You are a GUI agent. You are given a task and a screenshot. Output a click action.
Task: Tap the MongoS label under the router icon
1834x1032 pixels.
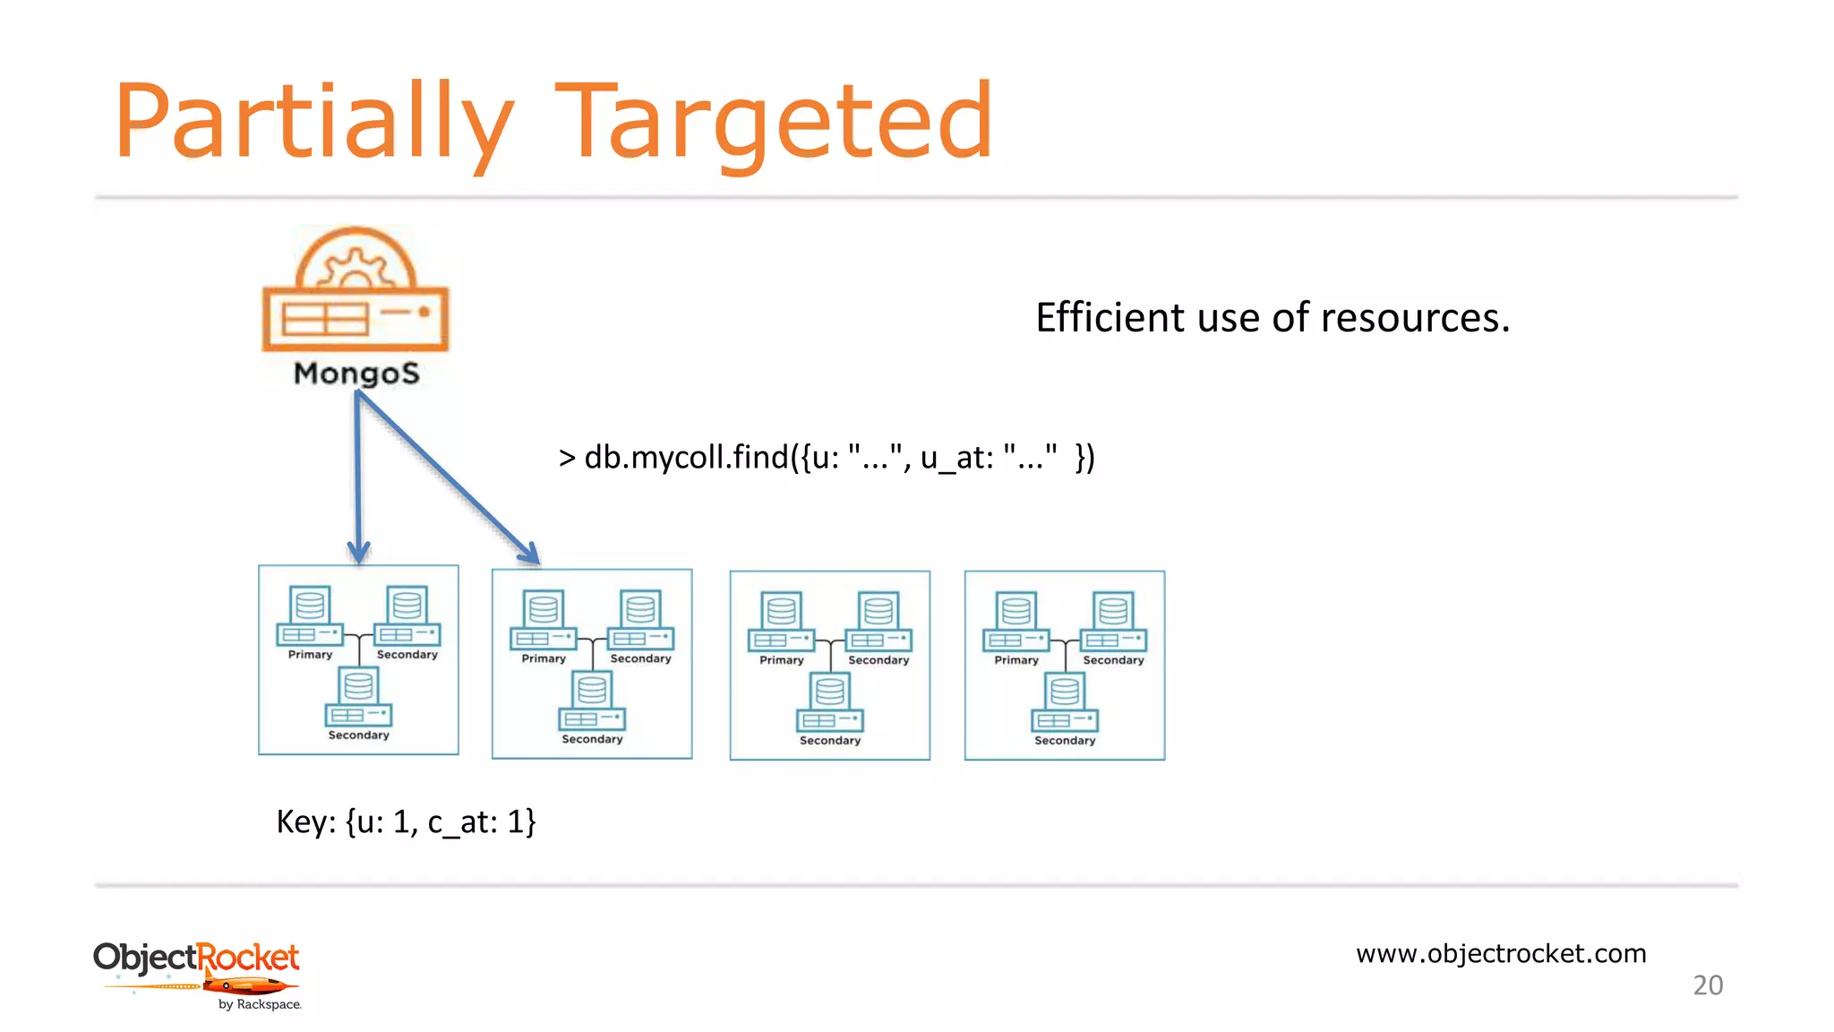tap(356, 373)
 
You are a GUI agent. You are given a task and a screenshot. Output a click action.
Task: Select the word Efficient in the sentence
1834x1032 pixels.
tap(1110, 317)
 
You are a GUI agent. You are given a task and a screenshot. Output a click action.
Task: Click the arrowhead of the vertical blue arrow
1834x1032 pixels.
tap(359, 552)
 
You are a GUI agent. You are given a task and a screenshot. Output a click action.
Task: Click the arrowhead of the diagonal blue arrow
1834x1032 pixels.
tap(531, 555)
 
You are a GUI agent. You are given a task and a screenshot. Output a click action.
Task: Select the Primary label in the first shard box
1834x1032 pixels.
tap(310, 655)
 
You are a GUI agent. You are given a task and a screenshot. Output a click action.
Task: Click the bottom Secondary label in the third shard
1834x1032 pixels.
tap(829, 741)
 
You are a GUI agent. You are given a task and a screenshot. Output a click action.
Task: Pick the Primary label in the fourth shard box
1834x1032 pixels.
tap(1016, 660)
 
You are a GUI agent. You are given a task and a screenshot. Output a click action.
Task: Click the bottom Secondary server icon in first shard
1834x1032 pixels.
tap(358, 698)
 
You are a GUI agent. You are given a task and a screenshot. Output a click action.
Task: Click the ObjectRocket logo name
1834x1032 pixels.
tap(196, 958)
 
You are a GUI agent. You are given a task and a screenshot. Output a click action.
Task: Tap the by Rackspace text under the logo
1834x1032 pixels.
tap(260, 1004)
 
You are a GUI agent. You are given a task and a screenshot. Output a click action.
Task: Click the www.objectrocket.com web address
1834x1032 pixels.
tap(1501, 953)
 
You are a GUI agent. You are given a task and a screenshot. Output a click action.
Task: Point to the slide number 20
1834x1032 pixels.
tap(1708, 985)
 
